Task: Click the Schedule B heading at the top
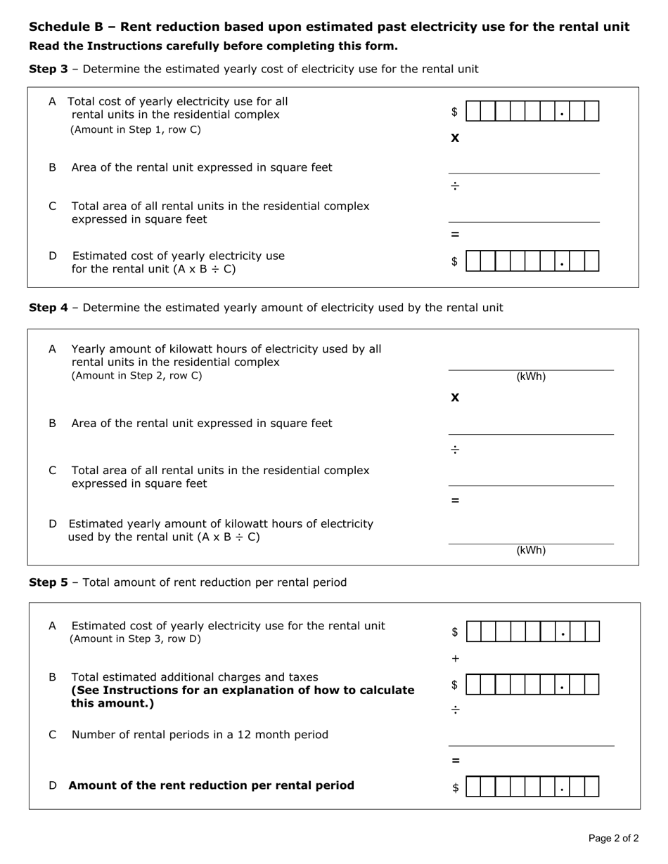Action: (328, 27)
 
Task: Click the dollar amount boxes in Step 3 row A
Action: (532, 112)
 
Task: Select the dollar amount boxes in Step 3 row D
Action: (532, 261)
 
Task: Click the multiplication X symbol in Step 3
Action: (455, 138)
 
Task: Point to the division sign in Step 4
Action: (455, 450)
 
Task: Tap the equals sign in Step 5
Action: (455, 760)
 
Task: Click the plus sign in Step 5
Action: (455, 659)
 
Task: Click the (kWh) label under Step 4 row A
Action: (531, 377)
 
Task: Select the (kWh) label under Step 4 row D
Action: (531, 551)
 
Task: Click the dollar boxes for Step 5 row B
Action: (532, 685)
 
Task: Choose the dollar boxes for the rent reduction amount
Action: (532, 787)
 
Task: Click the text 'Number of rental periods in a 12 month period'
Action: (200, 735)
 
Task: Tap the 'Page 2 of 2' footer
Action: (613, 838)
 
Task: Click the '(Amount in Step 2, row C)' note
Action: (136, 376)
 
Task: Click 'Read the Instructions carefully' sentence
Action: (213, 46)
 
